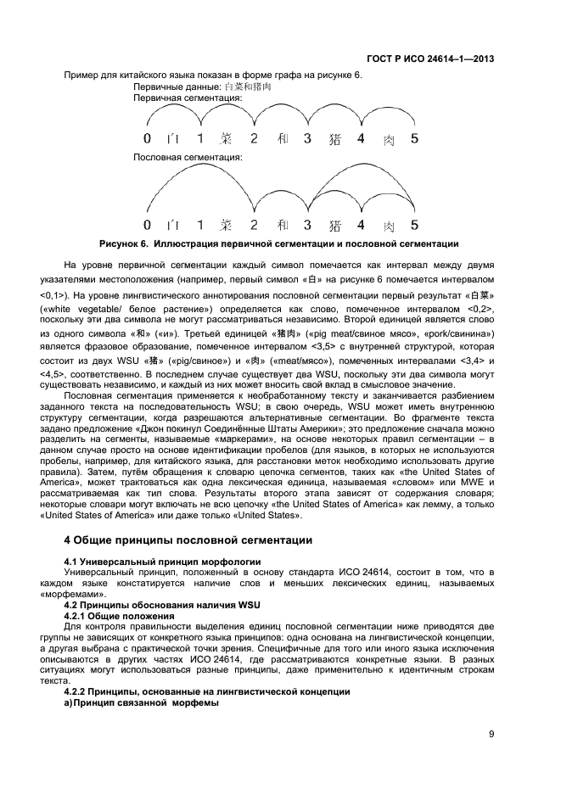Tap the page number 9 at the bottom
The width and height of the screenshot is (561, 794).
tap(491, 735)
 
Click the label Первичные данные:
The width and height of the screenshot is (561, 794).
tap(177, 87)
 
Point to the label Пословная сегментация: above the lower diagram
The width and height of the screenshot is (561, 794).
tap(188, 158)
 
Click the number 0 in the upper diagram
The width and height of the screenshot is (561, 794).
tap(147, 139)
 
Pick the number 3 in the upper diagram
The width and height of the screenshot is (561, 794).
tap(307, 139)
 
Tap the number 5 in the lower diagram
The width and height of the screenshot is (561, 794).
tap(414, 225)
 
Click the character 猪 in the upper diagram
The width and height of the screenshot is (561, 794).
tap(334, 140)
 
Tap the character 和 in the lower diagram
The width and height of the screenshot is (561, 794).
tap(282, 226)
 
